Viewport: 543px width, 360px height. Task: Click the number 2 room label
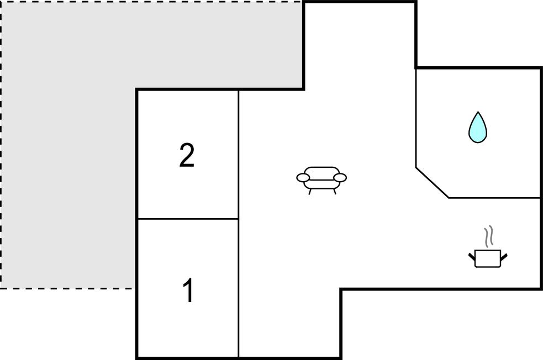tap(187, 155)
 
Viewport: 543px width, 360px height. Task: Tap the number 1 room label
tap(188, 290)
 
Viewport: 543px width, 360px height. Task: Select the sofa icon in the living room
tap(321, 181)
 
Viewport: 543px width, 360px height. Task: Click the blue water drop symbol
tap(478, 128)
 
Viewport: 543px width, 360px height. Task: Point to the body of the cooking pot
tap(488, 258)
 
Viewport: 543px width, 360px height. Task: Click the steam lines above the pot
tap(489, 237)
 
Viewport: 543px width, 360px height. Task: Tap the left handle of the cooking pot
tap(472, 257)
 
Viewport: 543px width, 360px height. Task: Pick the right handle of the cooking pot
tap(504, 257)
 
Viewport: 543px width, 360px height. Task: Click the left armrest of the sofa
tap(303, 178)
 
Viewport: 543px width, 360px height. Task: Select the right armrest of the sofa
tap(340, 178)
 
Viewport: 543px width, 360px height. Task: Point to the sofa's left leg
tap(310, 192)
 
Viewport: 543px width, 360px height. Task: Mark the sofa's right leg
tap(335, 192)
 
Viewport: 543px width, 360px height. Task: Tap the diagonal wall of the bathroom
tap(432, 183)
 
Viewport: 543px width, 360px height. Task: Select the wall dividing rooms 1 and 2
tap(188, 219)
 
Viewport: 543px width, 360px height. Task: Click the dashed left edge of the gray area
tap(1, 145)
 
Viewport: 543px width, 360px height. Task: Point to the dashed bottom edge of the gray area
tap(67, 288)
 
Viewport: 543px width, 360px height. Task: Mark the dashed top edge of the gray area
tap(151, 2)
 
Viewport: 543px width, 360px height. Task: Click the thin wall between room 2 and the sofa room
tap(238, 155)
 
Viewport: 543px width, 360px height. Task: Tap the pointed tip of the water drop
tap(478, 112)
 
